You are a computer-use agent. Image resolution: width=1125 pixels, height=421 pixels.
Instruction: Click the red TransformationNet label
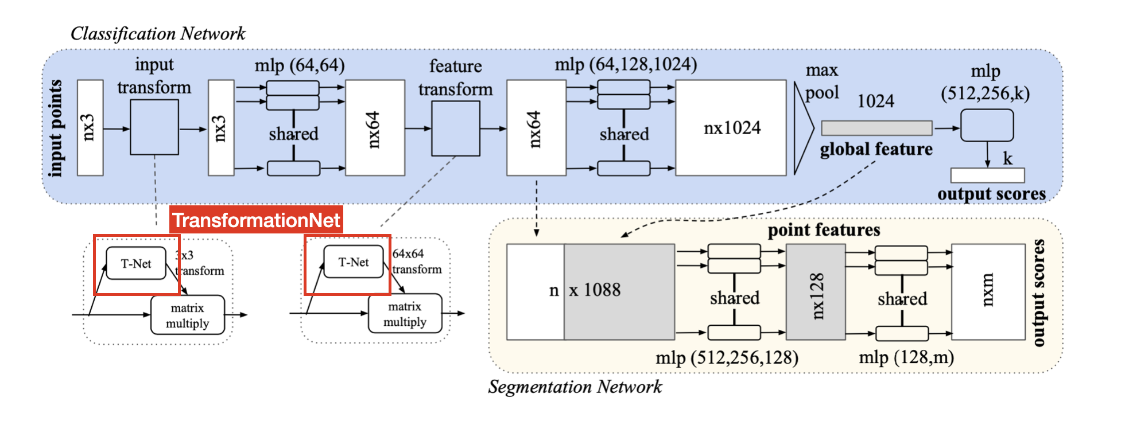pos(256,220)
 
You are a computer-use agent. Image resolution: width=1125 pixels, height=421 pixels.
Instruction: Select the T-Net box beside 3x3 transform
pos(136,264)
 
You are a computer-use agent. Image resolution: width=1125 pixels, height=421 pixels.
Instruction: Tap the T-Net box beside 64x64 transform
pos(353,262)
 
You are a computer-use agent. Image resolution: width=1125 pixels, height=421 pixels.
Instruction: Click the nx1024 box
pos(731,128)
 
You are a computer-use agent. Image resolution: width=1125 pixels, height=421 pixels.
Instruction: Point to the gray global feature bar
pos(876,128)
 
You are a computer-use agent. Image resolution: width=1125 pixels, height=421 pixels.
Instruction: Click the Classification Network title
pos(158,33)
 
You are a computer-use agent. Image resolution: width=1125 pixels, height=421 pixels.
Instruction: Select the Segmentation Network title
pos(575,387)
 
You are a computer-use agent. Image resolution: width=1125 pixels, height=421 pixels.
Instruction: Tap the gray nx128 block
pos(815,293)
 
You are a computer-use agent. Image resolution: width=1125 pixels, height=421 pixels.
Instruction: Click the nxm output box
pos(988,291)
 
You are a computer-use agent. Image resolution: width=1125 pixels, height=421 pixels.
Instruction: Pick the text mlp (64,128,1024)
pos(626,64)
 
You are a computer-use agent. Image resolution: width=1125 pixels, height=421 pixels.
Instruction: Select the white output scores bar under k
pos(987,175)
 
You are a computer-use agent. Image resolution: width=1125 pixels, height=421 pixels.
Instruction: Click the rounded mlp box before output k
pos(987,126)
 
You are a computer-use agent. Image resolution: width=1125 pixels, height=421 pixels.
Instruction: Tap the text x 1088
pos(595,290)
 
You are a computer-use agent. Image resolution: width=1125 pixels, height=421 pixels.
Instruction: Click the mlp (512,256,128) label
pos(727,358)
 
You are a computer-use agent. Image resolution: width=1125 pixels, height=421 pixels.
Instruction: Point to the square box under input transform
pos(154,127)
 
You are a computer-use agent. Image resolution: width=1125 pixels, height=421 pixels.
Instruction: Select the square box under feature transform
pos(455,128)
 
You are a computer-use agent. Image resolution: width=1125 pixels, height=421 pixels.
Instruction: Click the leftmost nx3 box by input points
pos(90,127)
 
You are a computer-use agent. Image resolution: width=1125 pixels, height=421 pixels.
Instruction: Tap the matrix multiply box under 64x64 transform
pos(405,314)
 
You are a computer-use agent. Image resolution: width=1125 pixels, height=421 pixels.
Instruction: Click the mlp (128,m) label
pos(906,358)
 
